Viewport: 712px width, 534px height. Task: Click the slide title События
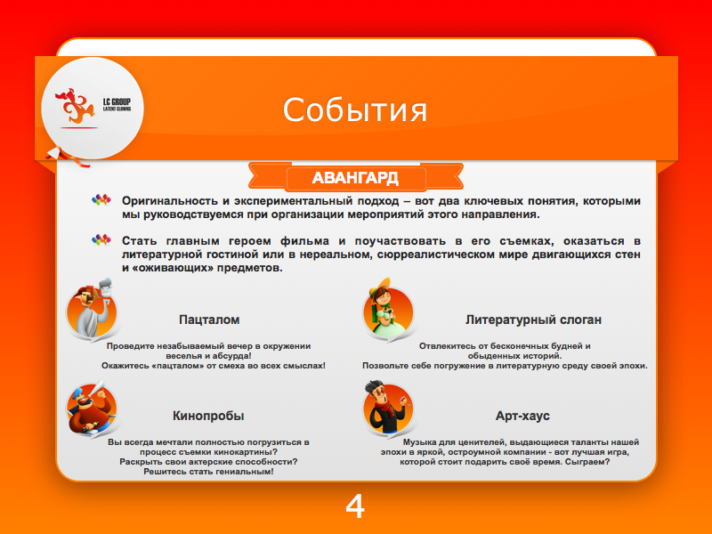coord(355,109)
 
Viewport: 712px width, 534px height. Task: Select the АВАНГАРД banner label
coord(355,178)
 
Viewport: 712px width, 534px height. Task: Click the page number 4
coord(355,506)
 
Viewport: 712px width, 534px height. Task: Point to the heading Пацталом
coord(209,320)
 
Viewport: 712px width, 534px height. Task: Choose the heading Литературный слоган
coord(533,320)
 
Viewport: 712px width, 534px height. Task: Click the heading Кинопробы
coord(208,416)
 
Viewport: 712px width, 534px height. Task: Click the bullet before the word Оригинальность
coord(101,201)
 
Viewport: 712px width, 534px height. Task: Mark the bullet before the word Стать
coord(101,240)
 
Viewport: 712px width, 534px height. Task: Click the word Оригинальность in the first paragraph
coord(166,202)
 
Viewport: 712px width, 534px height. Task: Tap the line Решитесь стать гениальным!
coord(208,472)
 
